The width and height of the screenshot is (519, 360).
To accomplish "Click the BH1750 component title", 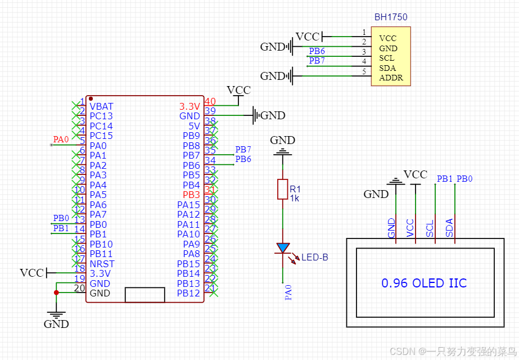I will coord(390,17).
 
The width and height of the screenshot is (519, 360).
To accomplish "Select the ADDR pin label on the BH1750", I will coord(391,78).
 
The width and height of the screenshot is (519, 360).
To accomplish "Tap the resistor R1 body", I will coord(282,190).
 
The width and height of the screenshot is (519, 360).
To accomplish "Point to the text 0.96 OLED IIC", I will coord(424,283).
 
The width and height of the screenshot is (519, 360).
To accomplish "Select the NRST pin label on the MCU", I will coord(102,264).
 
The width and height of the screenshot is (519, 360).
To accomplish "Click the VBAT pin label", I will coord(101,106).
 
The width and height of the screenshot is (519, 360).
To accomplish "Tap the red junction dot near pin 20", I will coord(56,292).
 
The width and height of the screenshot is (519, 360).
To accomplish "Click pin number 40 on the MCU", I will coord(210,102).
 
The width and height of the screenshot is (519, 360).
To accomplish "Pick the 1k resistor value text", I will coord(295,199).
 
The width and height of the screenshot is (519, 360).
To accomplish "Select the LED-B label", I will coord(314,258).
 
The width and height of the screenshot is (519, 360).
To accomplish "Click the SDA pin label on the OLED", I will coord(449,227).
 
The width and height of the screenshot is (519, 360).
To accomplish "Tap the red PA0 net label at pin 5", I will coord(61,139).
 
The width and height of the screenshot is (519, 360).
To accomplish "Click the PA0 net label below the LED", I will coord(288,292).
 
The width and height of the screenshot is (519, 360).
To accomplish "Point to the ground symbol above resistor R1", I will coord(282,151).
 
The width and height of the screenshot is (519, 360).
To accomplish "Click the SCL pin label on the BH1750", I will coord(386,58).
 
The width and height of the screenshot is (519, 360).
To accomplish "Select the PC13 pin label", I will coord(101,116).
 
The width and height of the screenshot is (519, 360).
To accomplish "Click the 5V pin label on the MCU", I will coord(194,126).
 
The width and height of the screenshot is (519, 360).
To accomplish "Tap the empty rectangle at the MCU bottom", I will coord(145,295).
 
